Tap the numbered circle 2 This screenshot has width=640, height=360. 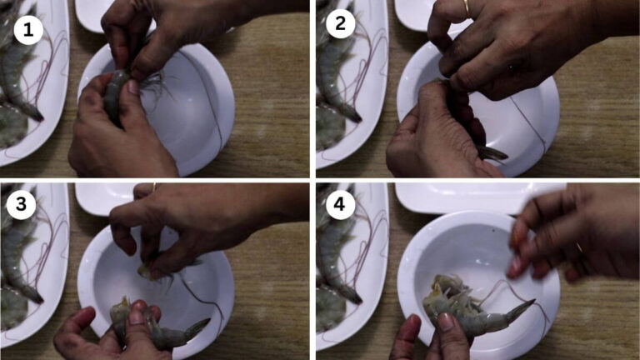click(x=339, y=26)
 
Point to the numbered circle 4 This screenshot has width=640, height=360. click(x=339, y=205)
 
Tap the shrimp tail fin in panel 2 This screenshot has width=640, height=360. click(x=492, y=154)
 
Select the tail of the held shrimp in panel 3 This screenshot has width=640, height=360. click(x=195, y=327)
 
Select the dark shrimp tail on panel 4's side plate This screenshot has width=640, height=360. click(x=351, y=294)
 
